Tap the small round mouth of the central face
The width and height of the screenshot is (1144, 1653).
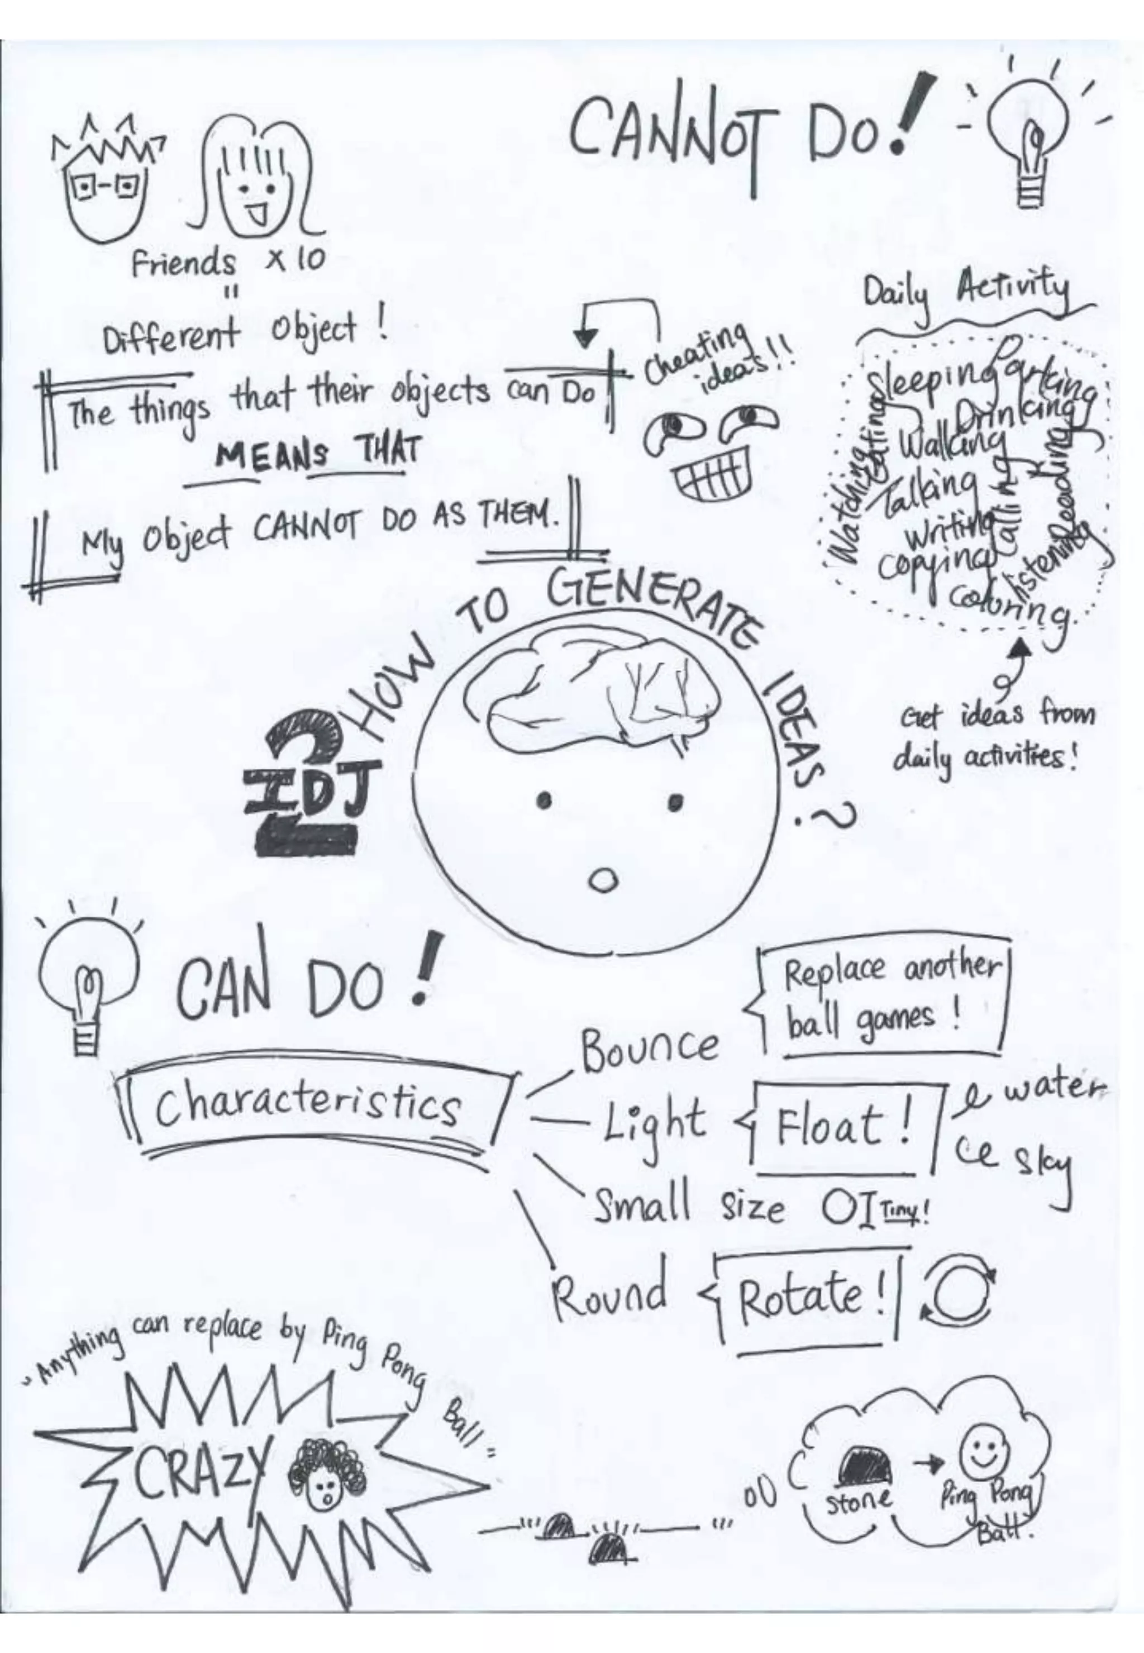coord(603,880)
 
